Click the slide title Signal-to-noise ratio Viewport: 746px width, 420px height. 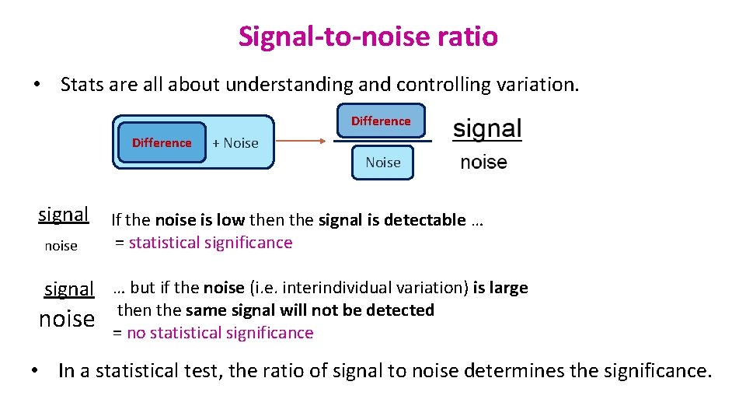point(368,37)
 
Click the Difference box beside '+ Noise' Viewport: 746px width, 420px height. point(162,142)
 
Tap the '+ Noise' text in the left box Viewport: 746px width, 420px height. point(235,143)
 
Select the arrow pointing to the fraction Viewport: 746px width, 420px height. point(302,142)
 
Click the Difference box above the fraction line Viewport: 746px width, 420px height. point(381,121)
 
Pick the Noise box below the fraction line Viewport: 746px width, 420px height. point(383,163)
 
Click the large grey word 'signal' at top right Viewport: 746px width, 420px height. point(487,129)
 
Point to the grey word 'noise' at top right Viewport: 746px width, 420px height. point(483,163)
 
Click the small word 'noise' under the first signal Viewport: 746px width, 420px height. point(61,246)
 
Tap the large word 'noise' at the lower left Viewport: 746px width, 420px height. point(67,319)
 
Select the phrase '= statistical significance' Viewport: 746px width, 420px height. point(204,243)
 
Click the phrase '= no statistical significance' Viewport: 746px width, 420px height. point(213,333)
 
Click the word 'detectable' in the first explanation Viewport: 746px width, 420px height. point(428,220)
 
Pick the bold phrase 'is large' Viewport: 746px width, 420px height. point(500,288)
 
